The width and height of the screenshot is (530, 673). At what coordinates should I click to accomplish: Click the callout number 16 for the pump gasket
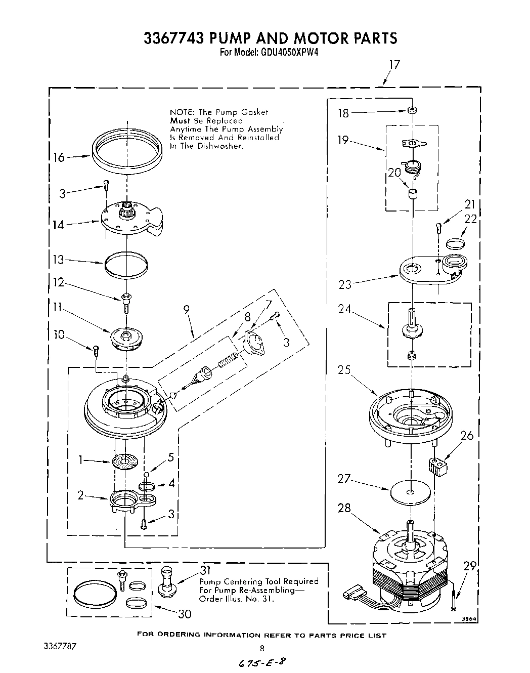[x=59, y=158]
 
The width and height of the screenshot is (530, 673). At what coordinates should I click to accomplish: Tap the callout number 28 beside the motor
[x=344, y=508]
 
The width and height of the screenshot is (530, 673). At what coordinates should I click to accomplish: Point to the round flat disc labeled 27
[x=411, y=491]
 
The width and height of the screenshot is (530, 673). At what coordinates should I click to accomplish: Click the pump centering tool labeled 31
[x=167, y=583]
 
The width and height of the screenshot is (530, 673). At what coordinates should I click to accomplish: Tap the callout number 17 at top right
[x=394, y=64]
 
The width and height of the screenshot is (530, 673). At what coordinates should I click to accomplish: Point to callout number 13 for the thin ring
[x=59, y=260]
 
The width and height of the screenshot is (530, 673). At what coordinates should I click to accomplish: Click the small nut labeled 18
[x=413, y=110]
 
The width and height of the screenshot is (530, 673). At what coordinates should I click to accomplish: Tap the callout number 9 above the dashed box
[x=187, y=310]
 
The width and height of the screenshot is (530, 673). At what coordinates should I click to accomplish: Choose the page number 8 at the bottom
[x=261, y=648]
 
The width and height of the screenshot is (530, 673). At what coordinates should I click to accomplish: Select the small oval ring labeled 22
[x=456, y=244]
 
